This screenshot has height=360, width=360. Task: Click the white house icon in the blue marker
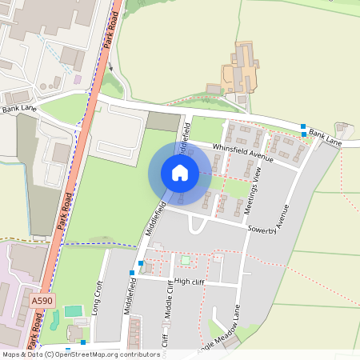[180, 171]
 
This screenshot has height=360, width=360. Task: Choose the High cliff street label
[190, 281]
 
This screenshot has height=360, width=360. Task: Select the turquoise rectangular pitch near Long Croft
[73, 310]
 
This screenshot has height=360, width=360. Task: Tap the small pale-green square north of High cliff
[186, 260]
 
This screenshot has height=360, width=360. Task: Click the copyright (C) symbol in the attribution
[50, 354]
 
